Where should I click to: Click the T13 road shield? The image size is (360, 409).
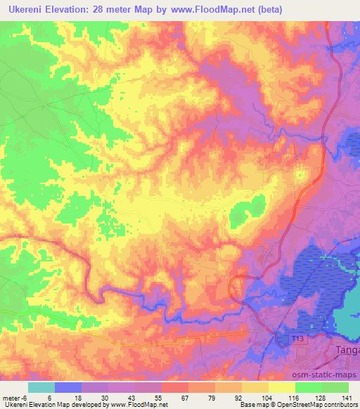(x=297, y=339)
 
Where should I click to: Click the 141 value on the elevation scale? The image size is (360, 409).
(x=347, y=397)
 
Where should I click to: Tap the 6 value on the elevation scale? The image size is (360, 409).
(x=49, y=397)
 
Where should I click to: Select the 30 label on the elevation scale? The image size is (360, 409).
(x=105, y=397)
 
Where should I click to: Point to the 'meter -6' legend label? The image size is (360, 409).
(x=15, y=397)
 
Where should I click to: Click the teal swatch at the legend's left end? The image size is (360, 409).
(x=41, y=387)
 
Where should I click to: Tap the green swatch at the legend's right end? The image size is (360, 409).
(x=335, y=387)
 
